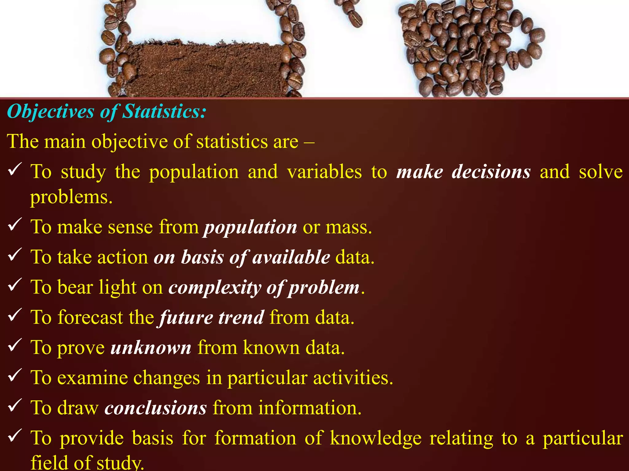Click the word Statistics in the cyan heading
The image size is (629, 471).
163,111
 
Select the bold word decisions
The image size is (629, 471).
491,172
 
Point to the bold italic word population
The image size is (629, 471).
250,228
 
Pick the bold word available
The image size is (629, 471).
291,257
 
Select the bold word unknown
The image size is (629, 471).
151,348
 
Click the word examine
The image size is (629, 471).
92,378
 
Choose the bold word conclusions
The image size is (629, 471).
155,408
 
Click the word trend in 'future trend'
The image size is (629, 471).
241,317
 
